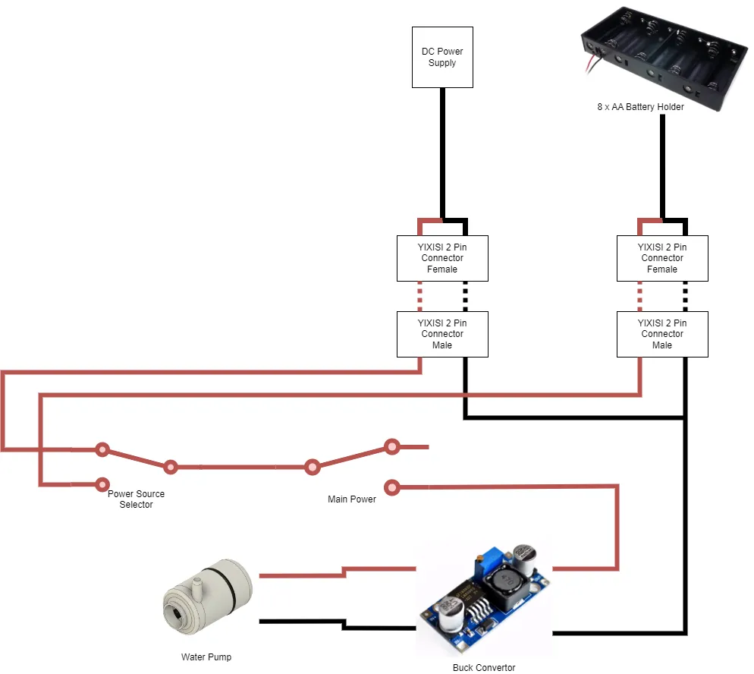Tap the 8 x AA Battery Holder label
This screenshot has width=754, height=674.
(640, 107)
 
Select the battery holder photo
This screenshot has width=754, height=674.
(664, 57)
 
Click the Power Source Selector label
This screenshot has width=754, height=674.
(136, 499)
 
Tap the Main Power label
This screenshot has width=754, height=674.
(352, 499)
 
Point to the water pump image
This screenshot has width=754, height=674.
(207, 597)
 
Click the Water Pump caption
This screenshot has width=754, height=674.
(206, 657)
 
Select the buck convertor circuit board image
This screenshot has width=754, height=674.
(485, 599)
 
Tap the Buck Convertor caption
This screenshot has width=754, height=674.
(484, 668)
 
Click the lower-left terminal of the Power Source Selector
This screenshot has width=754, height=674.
(102, 484)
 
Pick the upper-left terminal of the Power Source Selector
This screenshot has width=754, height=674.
(102, 450)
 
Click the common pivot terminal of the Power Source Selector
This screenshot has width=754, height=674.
(170, 467)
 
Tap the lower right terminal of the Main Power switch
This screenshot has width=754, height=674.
(392, 488)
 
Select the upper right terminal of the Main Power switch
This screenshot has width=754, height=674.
(392, 447)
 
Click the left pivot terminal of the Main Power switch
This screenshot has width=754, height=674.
(312, 467)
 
